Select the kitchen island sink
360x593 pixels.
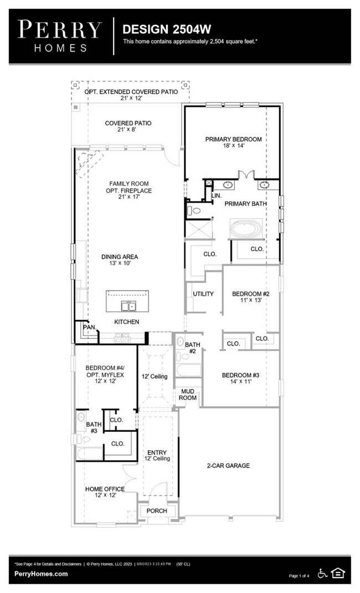coord(128,306)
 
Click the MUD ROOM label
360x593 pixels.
coord(188,394)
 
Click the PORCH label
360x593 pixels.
coord(157,511)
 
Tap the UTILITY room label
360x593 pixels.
coord(203,293)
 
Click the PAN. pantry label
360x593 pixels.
coord(89,327)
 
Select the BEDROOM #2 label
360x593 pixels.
coord(250,297)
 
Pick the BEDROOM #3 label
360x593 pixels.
coord(240,378)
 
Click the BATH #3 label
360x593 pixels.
coord(94,427)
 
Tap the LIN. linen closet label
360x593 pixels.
coord(216,195)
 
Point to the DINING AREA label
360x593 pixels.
coord(120,260)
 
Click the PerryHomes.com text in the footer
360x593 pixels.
coord(41,574)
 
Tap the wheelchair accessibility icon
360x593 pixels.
coord(322,573)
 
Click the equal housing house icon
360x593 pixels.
coord(337,573)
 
